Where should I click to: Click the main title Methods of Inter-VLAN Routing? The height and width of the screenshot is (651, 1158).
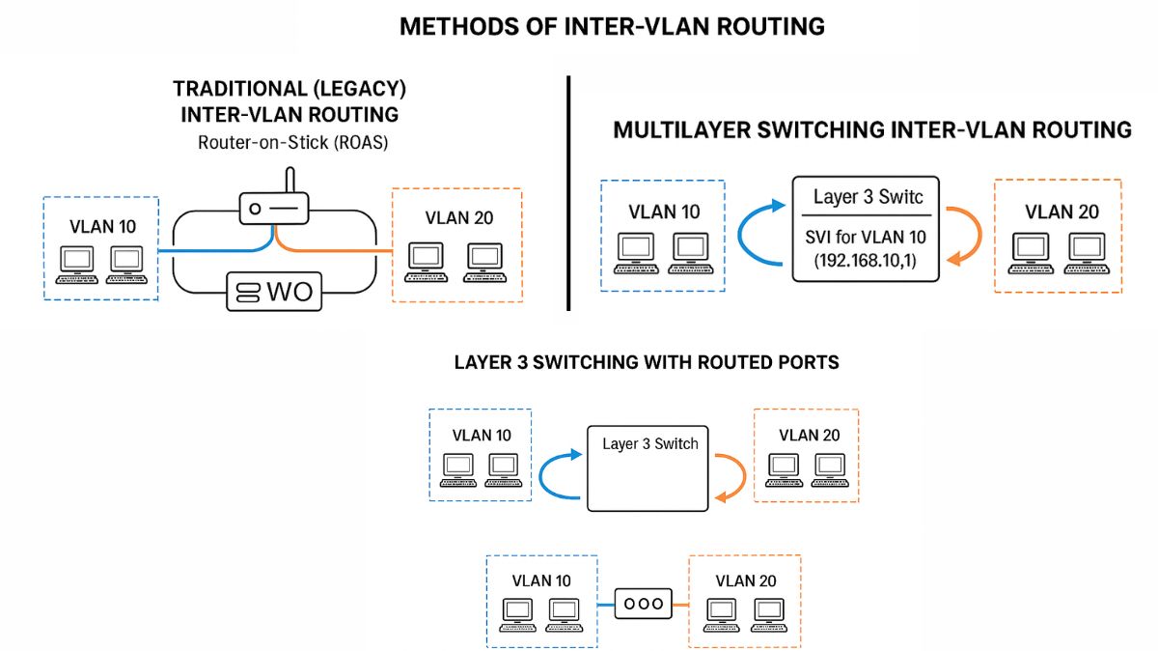612,26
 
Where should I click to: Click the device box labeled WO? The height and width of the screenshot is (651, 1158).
274,291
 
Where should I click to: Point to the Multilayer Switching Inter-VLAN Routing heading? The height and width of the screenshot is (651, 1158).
871,129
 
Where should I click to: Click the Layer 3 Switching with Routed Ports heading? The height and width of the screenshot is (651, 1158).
646,362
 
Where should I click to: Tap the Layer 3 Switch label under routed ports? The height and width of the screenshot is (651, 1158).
649,444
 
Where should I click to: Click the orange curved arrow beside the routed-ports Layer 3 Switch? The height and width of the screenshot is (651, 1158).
731,474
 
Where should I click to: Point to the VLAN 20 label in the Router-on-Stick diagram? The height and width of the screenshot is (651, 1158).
457,218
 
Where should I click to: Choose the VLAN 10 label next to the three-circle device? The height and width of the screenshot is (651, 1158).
541,580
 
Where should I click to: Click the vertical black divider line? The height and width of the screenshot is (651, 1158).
568,193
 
